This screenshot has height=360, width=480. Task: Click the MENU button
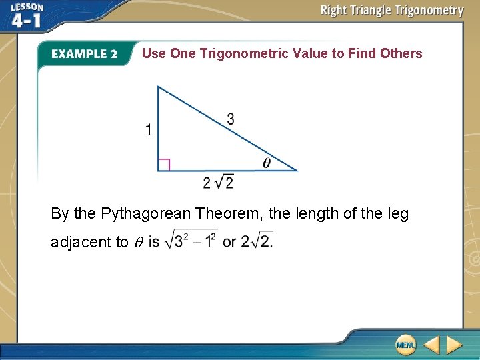(x=405, y=345)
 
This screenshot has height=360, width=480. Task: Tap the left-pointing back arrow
(x=431, y=345)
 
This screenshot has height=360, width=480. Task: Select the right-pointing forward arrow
(x=454, y=345)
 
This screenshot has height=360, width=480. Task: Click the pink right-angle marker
(x=164, y=164)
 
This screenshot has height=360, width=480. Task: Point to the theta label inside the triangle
(x=267, y=163)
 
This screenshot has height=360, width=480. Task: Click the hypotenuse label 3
(x=230, y=119)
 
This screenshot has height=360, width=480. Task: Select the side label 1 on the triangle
(x=149, y=129)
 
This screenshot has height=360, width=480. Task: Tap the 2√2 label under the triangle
(x=218, y=181)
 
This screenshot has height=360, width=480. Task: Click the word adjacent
(x=82, y=242)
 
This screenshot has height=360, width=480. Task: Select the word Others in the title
(x=401, y=53)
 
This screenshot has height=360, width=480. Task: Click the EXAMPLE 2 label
(x=84, y=54)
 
